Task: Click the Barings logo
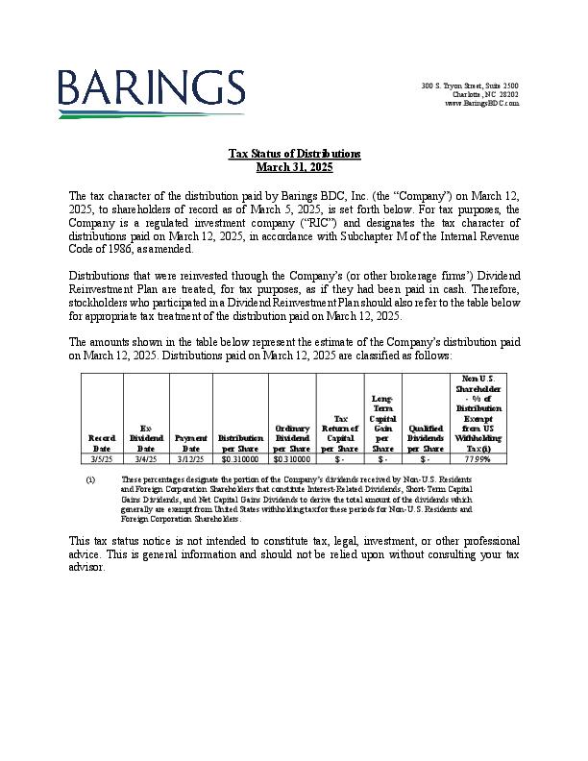pos(151,92)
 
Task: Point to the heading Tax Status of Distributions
pos(294,154)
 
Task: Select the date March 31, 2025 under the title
pos(294,166)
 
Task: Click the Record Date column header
pos(101,443)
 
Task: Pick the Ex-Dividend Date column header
pos(146,437)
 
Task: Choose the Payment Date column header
pos(191,443)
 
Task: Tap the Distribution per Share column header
pos(240,443)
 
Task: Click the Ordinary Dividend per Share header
pos(292,437)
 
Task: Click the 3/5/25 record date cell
pos(101,459)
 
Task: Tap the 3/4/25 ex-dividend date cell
pos(146,459)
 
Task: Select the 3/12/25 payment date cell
pos(191,459)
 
